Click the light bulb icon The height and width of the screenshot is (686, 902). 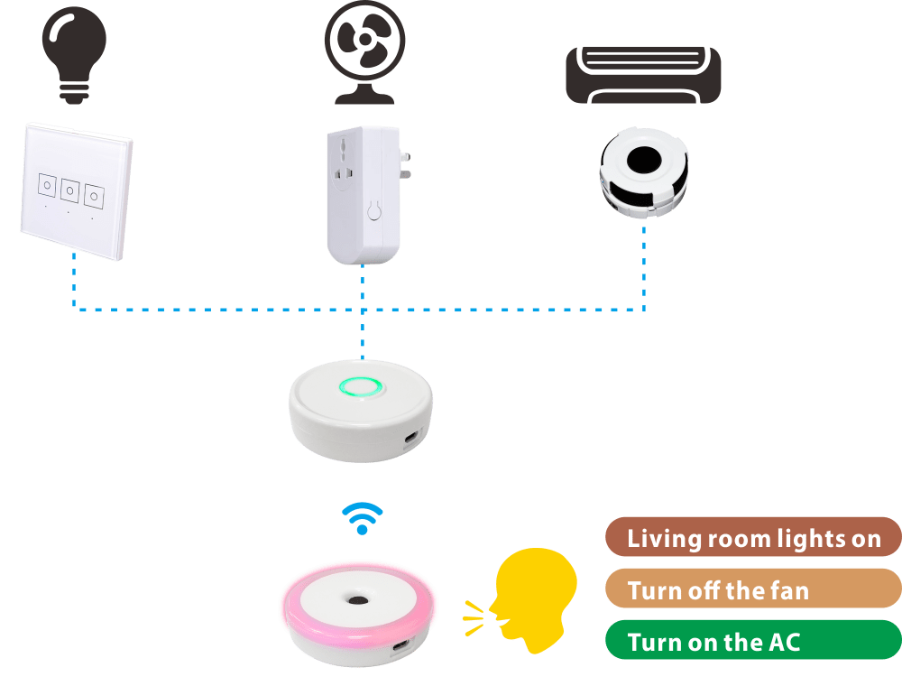tap(74, 55)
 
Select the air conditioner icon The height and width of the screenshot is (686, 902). tap(643, 76)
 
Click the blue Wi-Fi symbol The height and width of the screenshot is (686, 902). tap(362, 518)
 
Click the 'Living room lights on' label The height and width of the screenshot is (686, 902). tap(753, 537)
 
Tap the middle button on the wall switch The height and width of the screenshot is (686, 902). tap(69, 190)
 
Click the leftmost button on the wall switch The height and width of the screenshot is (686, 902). tap(47, 185)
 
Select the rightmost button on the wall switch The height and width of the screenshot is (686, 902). tap(94, 196)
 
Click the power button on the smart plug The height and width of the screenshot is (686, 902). tap(374, 210)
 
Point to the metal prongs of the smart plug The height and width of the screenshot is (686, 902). tap(405, 165)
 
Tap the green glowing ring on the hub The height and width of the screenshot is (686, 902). tap(361, 386)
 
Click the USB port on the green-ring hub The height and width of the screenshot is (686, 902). tap(411, 438)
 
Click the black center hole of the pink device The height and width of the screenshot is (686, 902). tap(358, 601)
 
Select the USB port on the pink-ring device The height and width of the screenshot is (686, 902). tap(401, 644)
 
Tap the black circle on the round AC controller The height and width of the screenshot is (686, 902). tap(643, 160)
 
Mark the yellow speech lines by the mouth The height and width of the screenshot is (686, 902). tap(474, 618)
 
